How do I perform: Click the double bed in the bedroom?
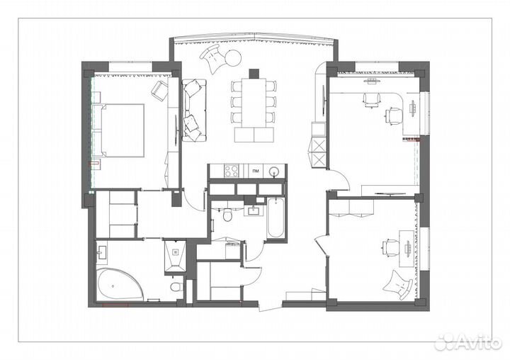click(x=123, y=130)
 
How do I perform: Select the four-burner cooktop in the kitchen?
click(x=232, y=171)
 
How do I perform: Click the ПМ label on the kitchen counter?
click(x=256, y=171)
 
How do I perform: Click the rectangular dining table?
click(x=254, y=103)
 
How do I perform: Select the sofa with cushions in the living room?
click(x=194, y=110)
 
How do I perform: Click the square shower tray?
click(x=176, y=256)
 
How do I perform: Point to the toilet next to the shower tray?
click(x=176, y=287)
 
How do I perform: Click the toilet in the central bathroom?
click(x=227, y=215)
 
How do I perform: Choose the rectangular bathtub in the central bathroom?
click(x=276, y=218)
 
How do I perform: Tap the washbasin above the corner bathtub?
click(x=102, y=252)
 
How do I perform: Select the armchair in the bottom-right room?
click(x=398, y=285)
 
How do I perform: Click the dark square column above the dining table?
click(x=254, y=74)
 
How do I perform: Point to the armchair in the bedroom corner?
click(x=159, y=89)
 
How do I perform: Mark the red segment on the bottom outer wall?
click(x=115, y=305)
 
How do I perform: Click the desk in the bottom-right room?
click(x=407, y=249)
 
